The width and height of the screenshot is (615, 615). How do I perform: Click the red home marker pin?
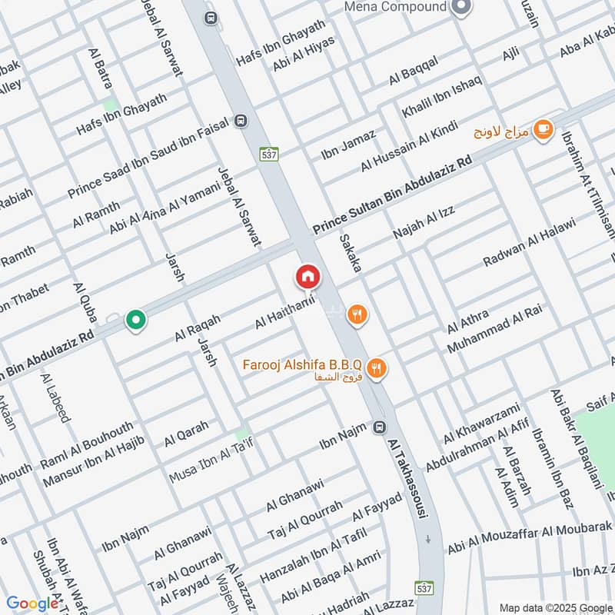click(x=307, y=276)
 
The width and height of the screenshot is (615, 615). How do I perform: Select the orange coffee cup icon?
click(x=544, y=129)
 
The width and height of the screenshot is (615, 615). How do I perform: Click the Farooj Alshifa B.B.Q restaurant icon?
click(x=376, y=369)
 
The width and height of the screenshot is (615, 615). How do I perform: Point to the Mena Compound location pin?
click(x=460, y=8)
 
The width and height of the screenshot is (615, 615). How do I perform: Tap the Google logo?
click(x=32, y=603)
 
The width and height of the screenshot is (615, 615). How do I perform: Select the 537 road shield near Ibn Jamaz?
click(x=268, y=153)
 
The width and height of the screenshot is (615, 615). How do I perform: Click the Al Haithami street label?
click(x=285, y=314)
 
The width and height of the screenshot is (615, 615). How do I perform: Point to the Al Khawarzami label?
click(x=481, y=423)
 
